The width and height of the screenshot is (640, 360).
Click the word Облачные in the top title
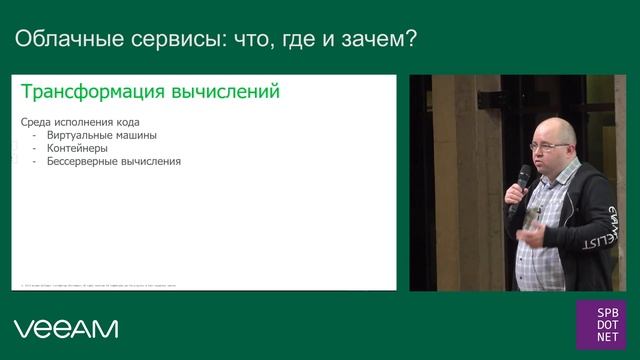point(66,41)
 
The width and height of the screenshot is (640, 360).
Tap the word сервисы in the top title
point(171,41)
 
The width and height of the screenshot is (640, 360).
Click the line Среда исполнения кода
point(77,121)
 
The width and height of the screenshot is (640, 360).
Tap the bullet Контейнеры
point(78,148)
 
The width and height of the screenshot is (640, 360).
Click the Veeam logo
point(66,328)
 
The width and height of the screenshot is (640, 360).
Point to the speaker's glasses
point(549,146)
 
